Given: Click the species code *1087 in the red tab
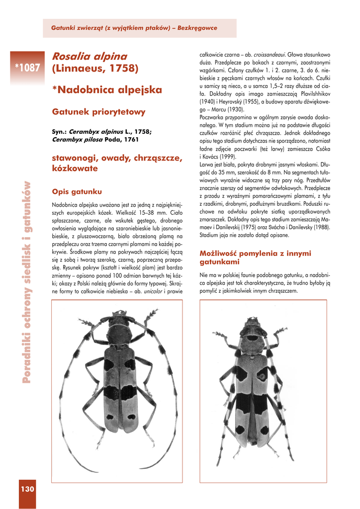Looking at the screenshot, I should [27, 68].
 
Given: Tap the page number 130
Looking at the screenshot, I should [27, 490].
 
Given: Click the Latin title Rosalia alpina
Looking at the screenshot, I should [90, 57].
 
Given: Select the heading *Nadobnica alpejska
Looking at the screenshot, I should [107, 90].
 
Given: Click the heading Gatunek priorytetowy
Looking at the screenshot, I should [98, 112].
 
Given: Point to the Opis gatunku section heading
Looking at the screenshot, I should [77, 191].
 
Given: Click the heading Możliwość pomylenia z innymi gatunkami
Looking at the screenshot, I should [255, 257].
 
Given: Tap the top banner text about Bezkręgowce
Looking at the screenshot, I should [134, 28].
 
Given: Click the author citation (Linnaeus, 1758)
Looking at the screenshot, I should [95, 68].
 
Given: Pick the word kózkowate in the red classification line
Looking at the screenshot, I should [75, 169].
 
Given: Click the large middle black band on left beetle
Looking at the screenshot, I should [119, 392].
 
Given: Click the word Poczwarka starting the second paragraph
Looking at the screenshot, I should [212, 117].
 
